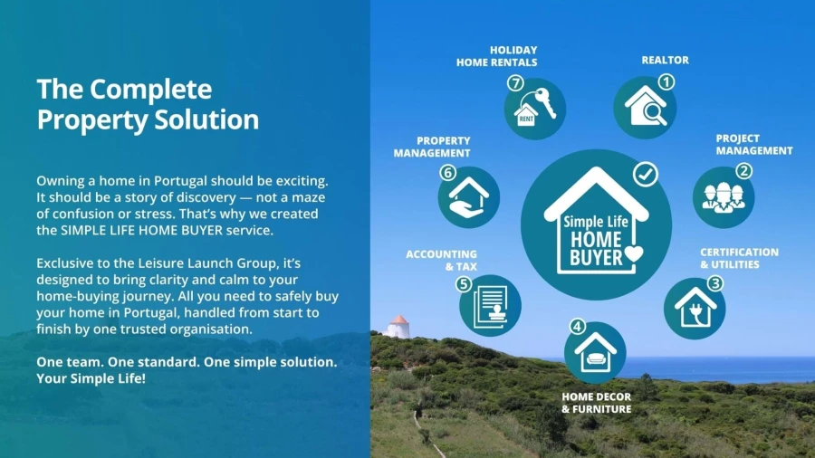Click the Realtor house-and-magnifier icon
(645, 107)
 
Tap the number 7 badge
(515, 83)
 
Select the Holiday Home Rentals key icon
(535, 108)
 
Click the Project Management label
(754, 144)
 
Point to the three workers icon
(724, 197)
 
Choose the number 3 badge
(715, 283)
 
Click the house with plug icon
(695, 308)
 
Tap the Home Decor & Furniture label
(596, 403)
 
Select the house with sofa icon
(596, 353)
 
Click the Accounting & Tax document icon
(490, 307)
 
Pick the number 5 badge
(463, 284)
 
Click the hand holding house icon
(469, 197)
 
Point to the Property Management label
(432, 147)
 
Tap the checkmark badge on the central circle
(646, 175)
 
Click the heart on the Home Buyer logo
(634, 253)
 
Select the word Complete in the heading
(150, 89)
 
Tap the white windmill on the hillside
(398, 327)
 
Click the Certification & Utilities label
(739, 258)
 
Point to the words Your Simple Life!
(91, 378)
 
